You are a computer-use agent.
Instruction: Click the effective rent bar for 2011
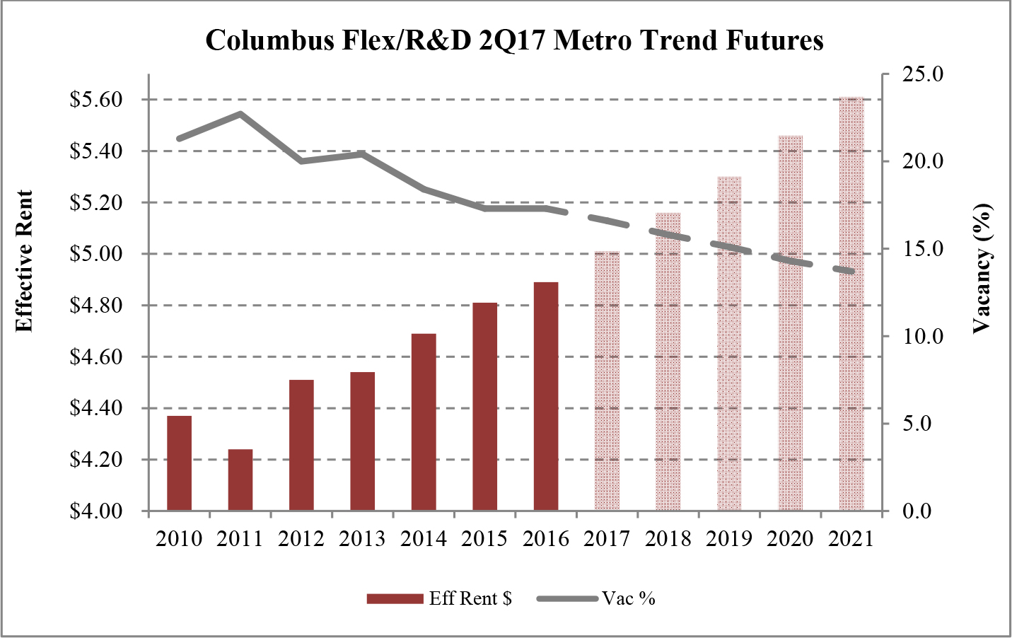(x=240, y=480)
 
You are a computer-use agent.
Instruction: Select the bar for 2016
(x=546, y=396)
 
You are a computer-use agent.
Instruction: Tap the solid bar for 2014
(x=424, y=422)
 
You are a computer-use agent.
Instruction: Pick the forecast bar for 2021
(x=851, y=304)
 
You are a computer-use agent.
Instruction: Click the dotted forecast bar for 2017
(x=607, y=381)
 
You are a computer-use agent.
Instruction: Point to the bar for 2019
(x=729, y=344)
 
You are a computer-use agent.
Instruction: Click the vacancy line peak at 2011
(x=240, y=113)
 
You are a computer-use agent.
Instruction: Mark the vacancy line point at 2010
(x=180, y=138)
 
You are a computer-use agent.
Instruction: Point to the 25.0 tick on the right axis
(x=923, y=74)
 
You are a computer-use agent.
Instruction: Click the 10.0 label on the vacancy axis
(x=923, y=336)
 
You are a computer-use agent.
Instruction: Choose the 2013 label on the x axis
(x=362, y=539)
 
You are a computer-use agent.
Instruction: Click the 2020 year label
(x=790, y=539)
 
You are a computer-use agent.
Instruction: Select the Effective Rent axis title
(x=24, y=260)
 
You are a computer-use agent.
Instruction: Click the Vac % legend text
(x=629, y=599)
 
